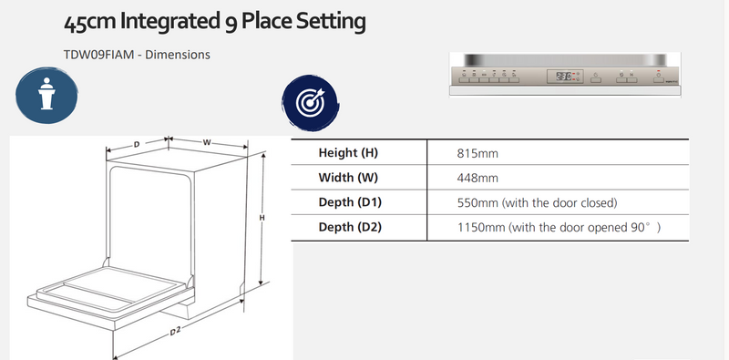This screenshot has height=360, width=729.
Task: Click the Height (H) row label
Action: (x=347, y=153)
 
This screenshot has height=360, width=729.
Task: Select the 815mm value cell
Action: (x=477, y=153)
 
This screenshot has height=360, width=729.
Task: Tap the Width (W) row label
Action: (x=347, y=178)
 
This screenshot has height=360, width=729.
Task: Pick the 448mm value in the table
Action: (x=477, y=178)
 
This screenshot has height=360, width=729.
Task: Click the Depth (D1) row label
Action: (x=351, y=202)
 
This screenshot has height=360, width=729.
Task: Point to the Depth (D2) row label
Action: (x=351, y=227)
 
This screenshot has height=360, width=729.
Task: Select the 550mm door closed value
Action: (x=538, y=202)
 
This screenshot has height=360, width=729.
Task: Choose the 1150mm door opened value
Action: (x=557, y=227)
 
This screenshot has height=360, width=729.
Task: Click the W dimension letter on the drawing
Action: (x=207, y=142)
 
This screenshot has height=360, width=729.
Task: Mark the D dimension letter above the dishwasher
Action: (x=137, y=144)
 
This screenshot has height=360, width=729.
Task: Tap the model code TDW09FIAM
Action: (x=93, y=55)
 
